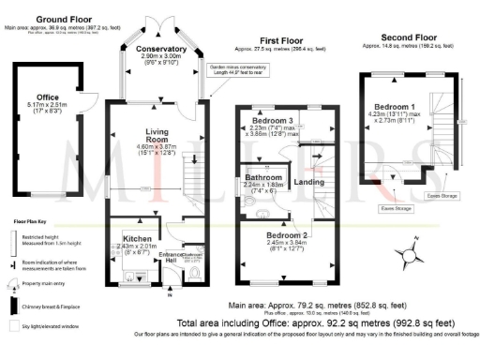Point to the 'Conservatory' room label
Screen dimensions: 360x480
[160, 49]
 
